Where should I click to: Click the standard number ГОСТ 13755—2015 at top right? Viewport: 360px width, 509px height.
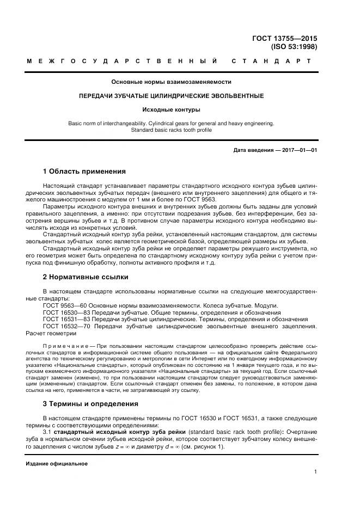point(284,38)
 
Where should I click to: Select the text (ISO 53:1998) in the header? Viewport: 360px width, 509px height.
point(294,47)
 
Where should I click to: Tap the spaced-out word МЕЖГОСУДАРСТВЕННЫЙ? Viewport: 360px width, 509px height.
point(122,61)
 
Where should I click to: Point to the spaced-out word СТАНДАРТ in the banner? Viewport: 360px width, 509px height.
point(272,61)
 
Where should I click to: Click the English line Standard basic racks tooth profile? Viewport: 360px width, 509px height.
point(171,130)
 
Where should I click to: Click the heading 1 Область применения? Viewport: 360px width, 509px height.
point(84,171)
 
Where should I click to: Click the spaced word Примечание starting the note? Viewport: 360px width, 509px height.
point(64,346)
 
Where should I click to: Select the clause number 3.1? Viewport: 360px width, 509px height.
point(47,432)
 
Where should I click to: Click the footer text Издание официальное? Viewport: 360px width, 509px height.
point(57,464)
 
